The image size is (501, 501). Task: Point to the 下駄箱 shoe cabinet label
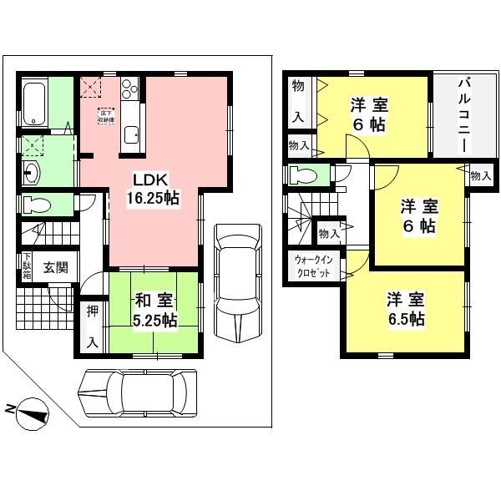tap(27, 266)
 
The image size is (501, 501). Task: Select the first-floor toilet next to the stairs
tap(37, 205)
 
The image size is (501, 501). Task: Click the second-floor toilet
tap(302, 176)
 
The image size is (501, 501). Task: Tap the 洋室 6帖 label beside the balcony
tap(368, 114)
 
